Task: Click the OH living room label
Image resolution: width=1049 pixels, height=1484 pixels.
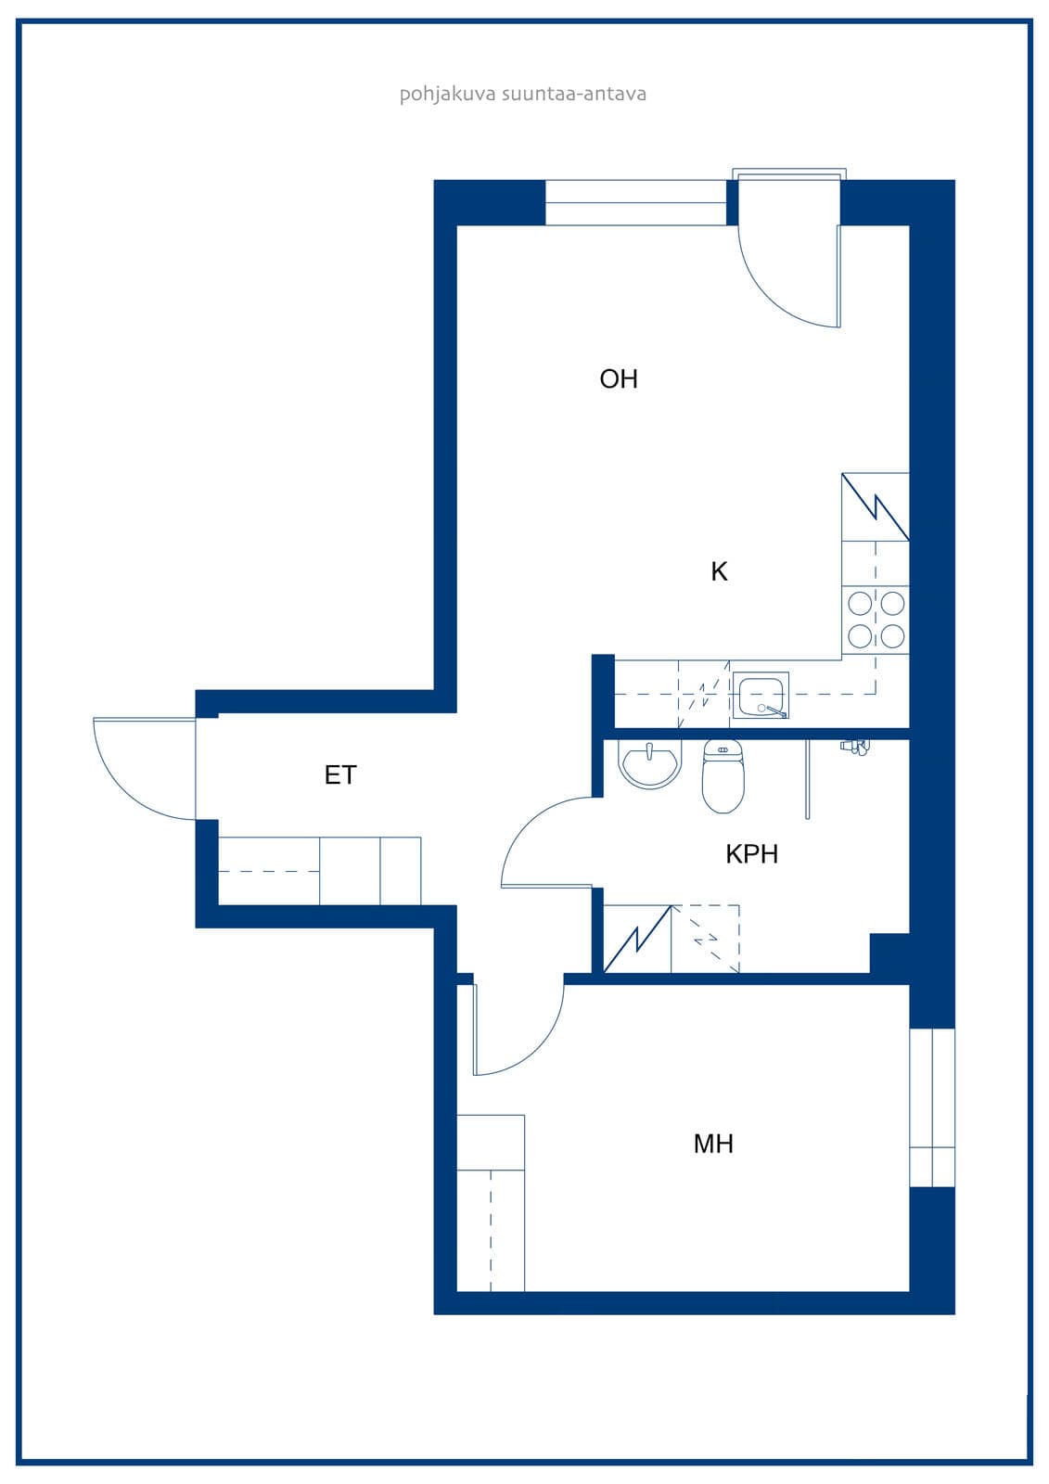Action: pyautogui.click(x=619, y=379)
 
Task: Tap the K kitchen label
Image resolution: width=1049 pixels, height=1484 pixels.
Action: pyautogui.click(x=719, y=571)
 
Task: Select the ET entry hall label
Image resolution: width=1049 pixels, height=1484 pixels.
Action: pyautogui.click(x=340, y=775)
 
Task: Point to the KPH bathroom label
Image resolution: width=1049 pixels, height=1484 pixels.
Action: pyautogui.click(x=751, y=854)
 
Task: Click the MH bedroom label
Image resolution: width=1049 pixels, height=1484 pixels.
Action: pyautogui.click(x=713, y=1145)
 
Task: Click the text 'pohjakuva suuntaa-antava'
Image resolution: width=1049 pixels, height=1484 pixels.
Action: pyautogui.click(x=523, y=94)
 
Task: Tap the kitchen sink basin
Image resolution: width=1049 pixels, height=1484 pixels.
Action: pyautogui.click(x=761, y=695)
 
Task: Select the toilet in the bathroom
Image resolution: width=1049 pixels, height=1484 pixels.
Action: pyautogui.click(x=723, y=776)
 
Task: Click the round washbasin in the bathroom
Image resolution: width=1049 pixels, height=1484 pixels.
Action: pyautogui.click(x=650, y=764)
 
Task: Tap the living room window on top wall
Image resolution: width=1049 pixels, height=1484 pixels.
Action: pyautogui.click(x=635, y=203)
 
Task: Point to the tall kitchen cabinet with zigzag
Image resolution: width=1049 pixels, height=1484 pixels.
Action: pyautogui.click(x=876, y=506)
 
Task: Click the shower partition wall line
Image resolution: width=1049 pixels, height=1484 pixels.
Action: pyautogui.click(x=807, y=779)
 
